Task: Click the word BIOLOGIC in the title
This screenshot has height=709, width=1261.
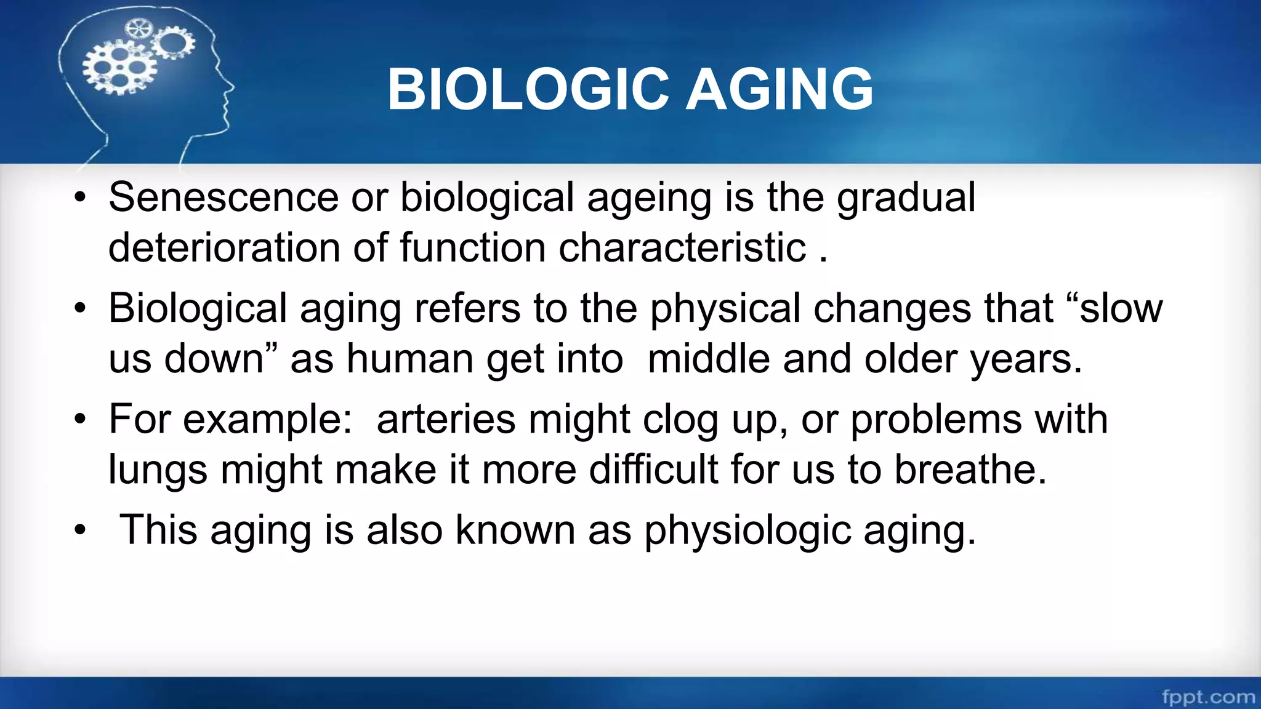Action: click(528, 90)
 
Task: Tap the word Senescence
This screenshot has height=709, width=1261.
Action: click(224, 198)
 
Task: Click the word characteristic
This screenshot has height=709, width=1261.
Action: click(682, 247)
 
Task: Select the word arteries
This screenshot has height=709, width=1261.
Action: click(446, 420)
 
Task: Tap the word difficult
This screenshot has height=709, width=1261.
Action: click(654, 470)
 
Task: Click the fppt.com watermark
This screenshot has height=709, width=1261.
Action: click(1208, 697)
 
